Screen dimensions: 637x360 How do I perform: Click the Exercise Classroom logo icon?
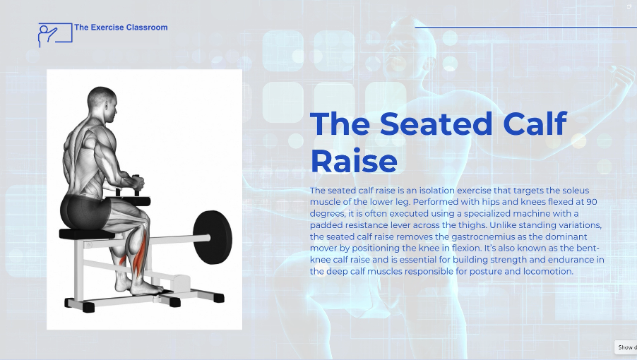click(55, 35)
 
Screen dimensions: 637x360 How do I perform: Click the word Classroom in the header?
click(147, 28)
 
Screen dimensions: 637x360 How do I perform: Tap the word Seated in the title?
click(436, 124)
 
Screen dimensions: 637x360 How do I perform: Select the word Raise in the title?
click(354, 161)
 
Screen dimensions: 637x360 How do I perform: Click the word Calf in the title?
click(535, 123)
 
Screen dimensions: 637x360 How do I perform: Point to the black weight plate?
click(212, 237)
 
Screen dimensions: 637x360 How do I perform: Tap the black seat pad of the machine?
click(87, 234)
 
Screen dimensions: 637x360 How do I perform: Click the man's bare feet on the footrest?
click(139, 287)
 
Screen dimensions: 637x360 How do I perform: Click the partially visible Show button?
click(626, 347)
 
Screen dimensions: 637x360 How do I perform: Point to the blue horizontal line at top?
click(525, 28)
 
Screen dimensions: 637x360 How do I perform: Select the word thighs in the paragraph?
click(474, 225)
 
